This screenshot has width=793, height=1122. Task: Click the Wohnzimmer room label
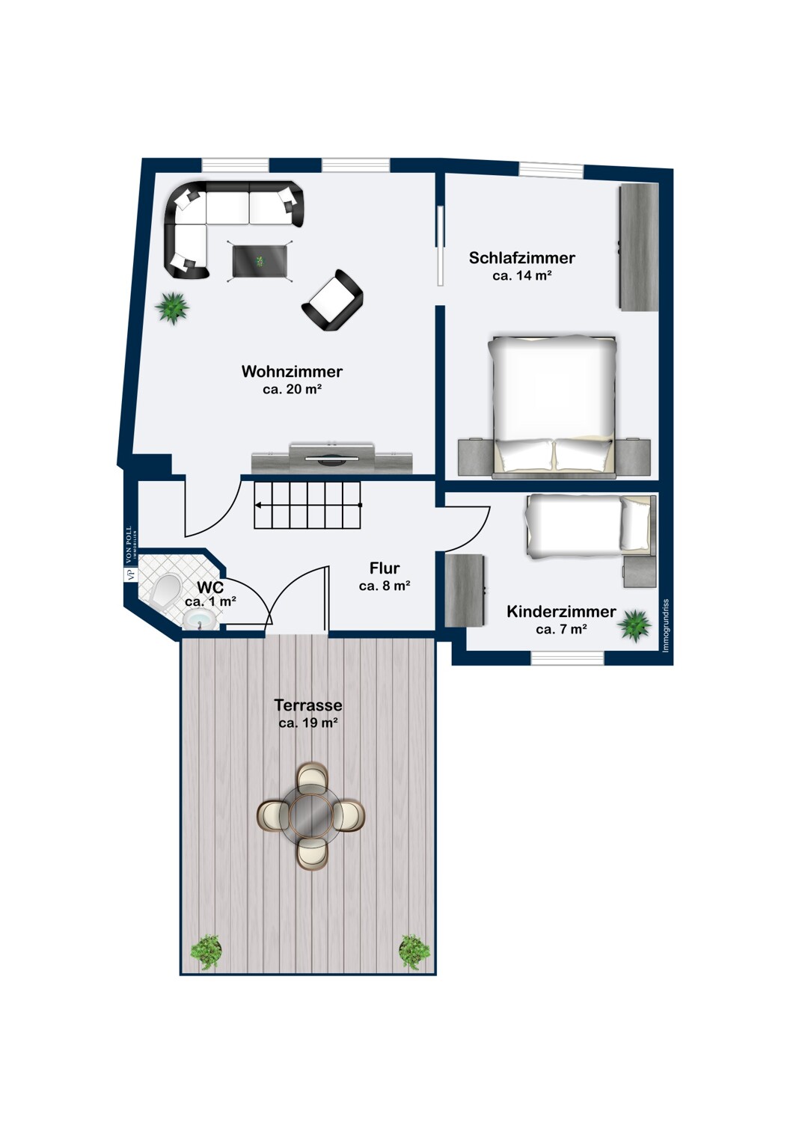(x=292, y=371)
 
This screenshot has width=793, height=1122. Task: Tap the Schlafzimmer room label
(x=521, y=257)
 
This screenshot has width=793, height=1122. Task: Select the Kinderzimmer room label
(x=561, y=611)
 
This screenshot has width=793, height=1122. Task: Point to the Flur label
(x=385, y=568)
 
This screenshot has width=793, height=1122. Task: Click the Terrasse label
(x=308, y=705)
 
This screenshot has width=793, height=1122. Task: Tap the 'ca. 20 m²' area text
(x=292, y=389)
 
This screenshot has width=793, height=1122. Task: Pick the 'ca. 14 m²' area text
(x=522, y=275)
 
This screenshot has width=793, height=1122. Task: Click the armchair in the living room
(x=332, y=301)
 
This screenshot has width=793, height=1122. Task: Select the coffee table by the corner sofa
(x=260, y=262)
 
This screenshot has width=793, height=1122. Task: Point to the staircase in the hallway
(x=307, y=505)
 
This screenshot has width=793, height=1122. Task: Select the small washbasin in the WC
(x=200, y=621)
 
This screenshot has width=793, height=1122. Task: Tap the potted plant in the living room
(x=172, y=308)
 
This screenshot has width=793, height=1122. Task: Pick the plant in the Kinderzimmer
(x=634, y=625)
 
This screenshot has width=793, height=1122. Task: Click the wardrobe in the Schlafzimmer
(x=639, y=246)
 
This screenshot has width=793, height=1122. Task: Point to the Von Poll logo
(x=129, y=553)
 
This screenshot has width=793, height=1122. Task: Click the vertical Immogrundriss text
(x=666, y=625)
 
